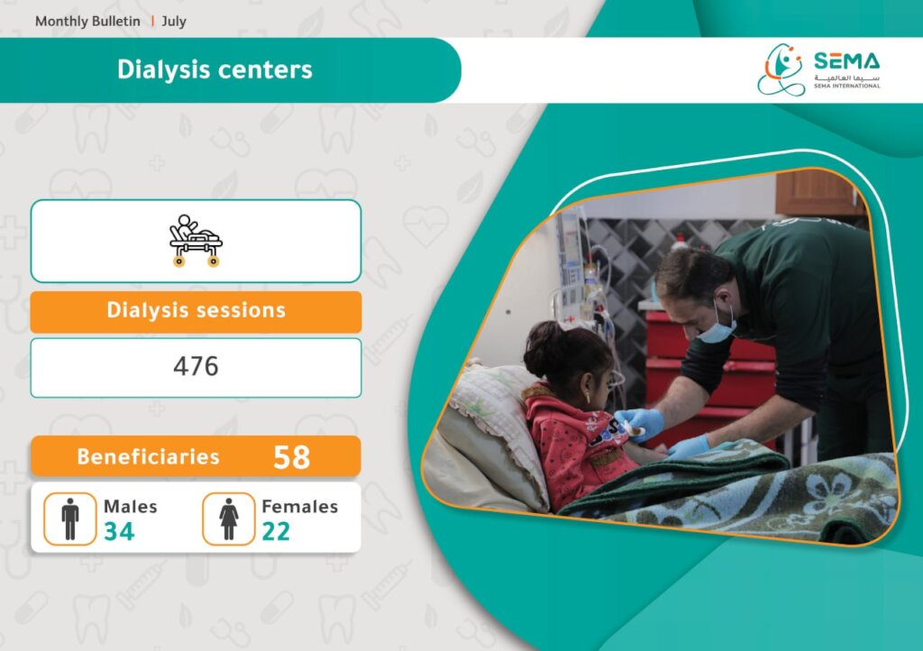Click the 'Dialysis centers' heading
coord(215,69)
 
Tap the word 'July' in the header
coord(174,22)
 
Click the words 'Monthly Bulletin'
coord(87,22)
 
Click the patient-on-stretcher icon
coord(196,241)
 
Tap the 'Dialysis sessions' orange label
coord(196,311)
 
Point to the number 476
coord(196,366)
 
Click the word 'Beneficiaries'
coord(149,457)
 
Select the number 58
coord(291,457)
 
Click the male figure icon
coord(70,518)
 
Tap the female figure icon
coord(229,518)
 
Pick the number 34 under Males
coord(119,531)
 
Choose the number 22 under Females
coord(276,531)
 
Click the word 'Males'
coord(131,506)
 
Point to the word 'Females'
coord(299,506)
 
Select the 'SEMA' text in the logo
coord(847,61)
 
